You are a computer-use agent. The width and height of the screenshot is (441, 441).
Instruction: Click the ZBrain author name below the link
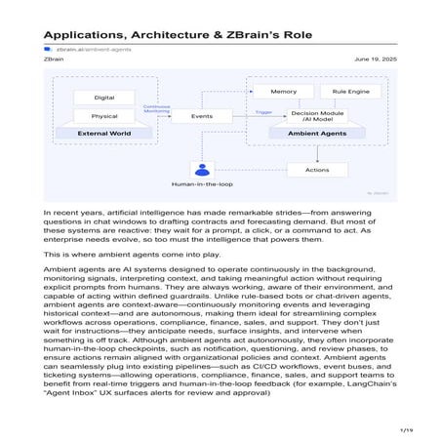(55, 59)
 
